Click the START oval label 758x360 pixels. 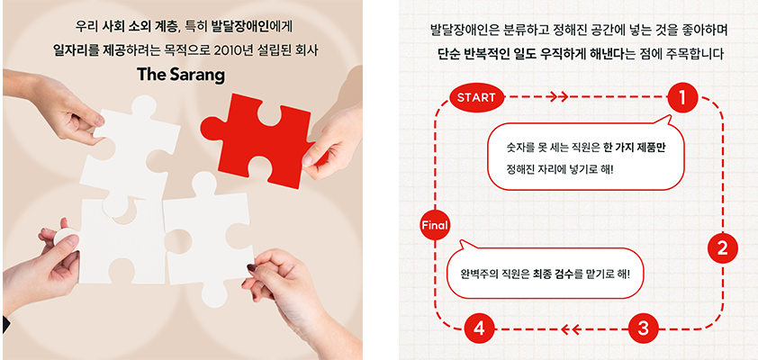click(x=476, y=97)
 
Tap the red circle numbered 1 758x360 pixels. click(x=682, y=98)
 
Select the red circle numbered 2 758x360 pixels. click(x=722, y=249)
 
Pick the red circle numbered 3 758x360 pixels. click(x=643, y=329)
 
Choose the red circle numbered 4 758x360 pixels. click(x=479, y=329)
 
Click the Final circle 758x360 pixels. click(x=435, y=225)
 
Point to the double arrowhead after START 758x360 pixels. click(x=557, y=96)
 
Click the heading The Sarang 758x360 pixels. click(x=181, y=75)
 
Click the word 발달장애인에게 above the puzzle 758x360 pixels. click(x=257, y=26)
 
